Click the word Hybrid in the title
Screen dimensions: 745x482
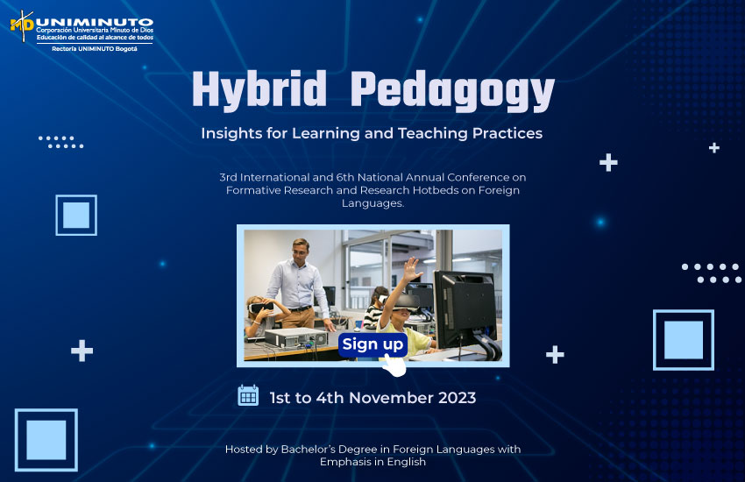point(259,89)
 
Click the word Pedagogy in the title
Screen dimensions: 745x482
point(453,91)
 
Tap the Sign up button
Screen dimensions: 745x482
point(373,344)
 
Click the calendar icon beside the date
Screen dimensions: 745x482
point(248,395)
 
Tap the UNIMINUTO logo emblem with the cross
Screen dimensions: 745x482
point(22,25)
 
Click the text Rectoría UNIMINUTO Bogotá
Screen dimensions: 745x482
point(95,49)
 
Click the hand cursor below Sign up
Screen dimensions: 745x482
point(394,365)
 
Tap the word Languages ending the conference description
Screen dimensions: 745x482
point(373,203)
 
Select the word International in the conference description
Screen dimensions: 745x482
point(274,178)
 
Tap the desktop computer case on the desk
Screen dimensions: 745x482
point(296,337)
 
